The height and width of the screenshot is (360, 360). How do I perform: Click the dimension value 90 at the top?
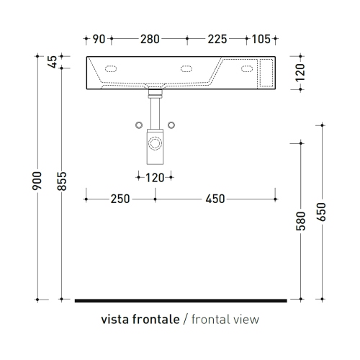(x=99, y=39)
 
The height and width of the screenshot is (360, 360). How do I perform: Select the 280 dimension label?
(x=150, y=39)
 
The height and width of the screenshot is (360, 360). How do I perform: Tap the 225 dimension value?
(x=217, y=39)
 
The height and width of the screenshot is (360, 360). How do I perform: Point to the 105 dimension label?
(x=261, y=39)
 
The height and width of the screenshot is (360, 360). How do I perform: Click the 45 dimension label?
(x=53, y=62)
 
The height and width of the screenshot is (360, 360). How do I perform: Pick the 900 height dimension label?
(x=37, y=181)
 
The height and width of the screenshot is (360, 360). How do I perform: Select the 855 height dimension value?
(x=62, y=181)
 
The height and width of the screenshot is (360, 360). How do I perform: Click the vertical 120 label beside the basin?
(x=300, y=73)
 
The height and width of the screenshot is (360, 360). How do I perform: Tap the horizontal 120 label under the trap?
(x=155, y=178)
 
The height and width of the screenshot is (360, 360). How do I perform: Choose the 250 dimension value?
(x=120, y=199)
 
